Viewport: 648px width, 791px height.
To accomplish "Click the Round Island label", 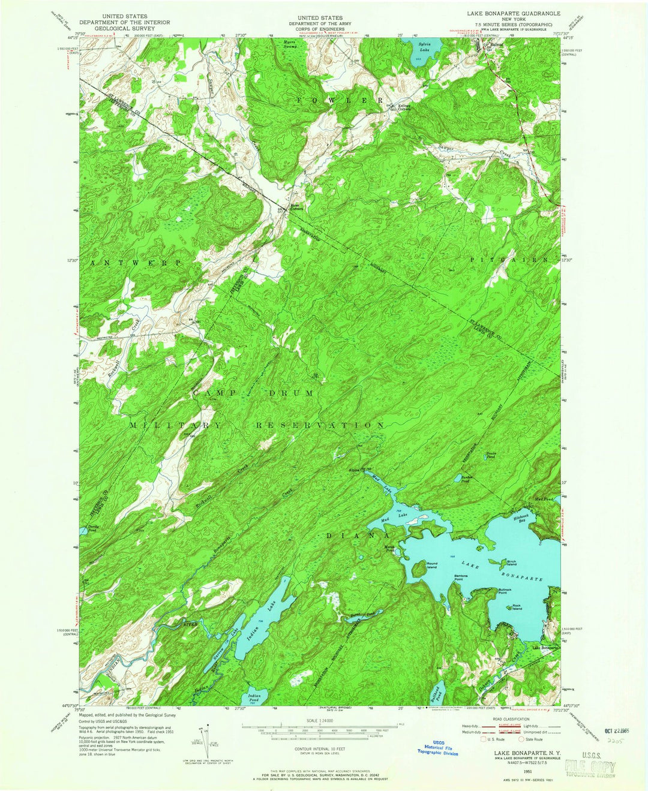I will (x=431, y=564).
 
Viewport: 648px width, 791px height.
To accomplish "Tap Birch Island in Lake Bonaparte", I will (x=496, y=563).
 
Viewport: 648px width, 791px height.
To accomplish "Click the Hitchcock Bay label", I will (x=521, y=517).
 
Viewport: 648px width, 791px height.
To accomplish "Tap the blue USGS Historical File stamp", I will (x=439, y=747).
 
